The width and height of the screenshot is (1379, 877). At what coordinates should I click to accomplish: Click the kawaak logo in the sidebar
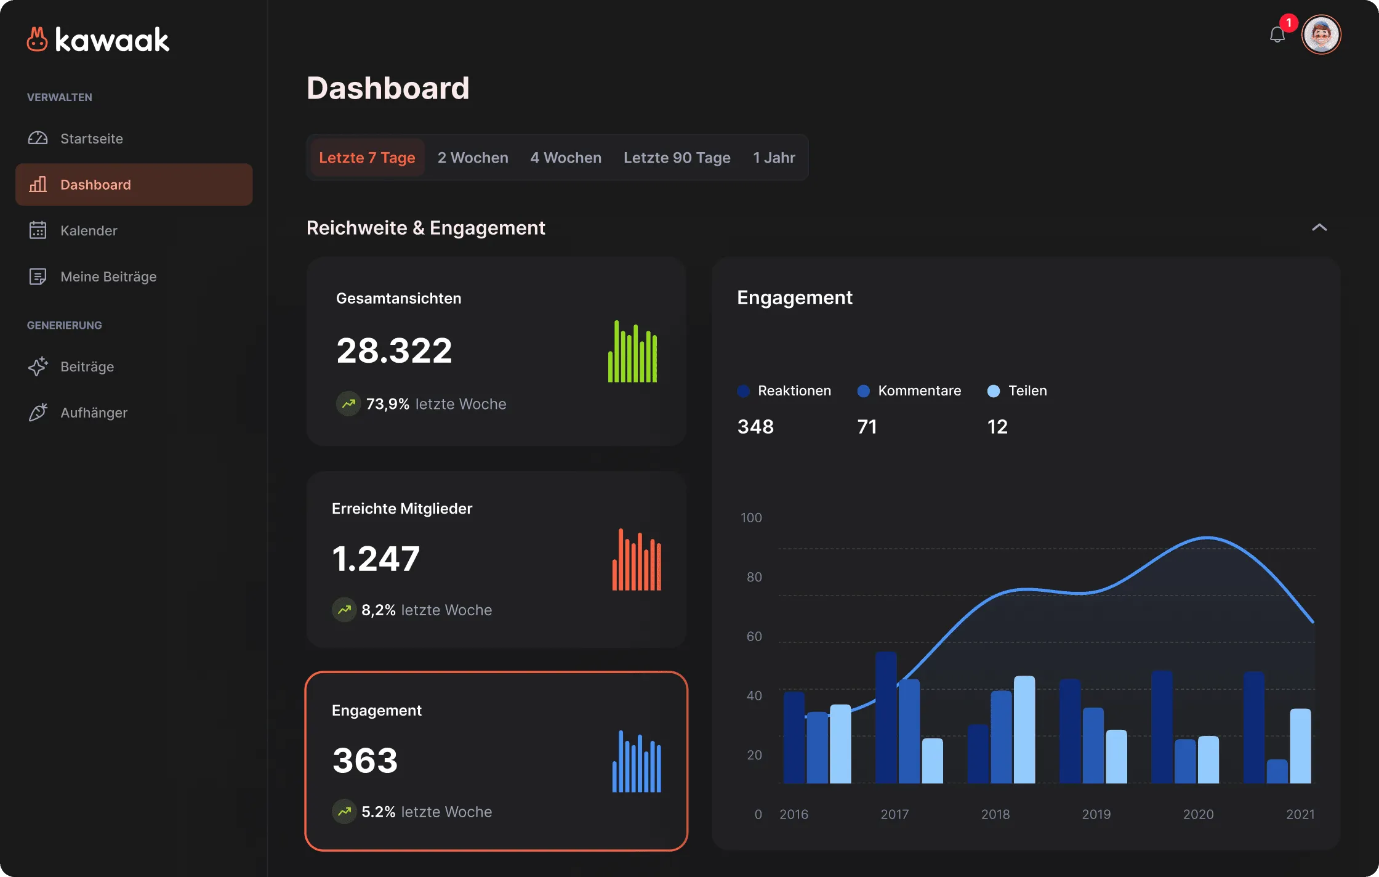coord(98,39)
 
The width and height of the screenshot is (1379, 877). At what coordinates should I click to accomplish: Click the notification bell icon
coord(1277,34)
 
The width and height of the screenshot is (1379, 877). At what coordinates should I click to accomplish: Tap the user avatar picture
coord(1321,34)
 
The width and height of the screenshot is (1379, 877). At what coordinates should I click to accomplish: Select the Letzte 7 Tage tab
coord(367,158)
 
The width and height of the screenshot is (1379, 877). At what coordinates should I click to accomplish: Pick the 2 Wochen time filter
coord(473,158)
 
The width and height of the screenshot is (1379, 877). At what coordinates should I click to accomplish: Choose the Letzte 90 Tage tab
coord(677,158)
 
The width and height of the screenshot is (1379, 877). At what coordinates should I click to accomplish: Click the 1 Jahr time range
coord(774,158)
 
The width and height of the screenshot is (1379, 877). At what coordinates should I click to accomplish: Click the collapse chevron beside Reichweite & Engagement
coord(1319,227)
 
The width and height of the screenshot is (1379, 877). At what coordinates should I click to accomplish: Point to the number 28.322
coord(394,350)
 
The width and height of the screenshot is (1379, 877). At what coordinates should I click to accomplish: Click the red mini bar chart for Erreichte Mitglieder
coord(637,559)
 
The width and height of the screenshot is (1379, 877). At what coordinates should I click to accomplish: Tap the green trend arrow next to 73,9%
coord(348,404)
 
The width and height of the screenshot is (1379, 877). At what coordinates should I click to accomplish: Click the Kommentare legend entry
coord(909,390)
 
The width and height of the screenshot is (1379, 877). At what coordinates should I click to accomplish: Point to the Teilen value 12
coord(997,426)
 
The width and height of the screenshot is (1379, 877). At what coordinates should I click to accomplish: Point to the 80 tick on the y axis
coord(754,577)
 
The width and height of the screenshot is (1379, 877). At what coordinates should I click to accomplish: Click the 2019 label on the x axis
coord(1096,814)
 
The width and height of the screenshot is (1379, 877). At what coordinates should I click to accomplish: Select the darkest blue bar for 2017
coord(886,717)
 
